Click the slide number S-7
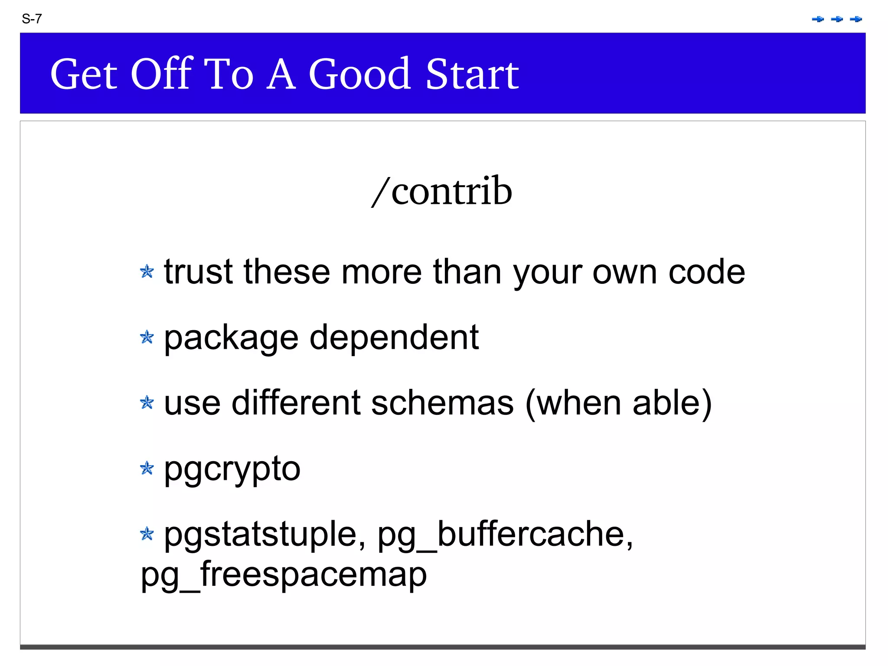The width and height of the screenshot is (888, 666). click(x=32, y=19)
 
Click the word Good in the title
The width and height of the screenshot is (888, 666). click(x=359, y=74)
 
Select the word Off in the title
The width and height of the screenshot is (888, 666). click(x=161, y=74)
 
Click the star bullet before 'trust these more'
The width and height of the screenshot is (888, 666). click(x=147, y=272)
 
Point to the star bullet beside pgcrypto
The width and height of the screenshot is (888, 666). click(x=147, y=468)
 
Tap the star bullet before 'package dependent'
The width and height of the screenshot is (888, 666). click(x=147, y=337)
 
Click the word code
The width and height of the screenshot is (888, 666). click(x=706, y=272)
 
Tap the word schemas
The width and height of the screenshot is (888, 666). click(x=442, y=403)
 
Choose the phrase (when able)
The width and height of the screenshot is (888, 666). click(x=618, y=403)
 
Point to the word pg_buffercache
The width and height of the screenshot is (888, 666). click(x=505, y=535)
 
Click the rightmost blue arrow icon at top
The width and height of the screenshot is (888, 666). click(x=856, y=19)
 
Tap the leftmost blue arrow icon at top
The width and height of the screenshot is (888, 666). click(x=818, y=19)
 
